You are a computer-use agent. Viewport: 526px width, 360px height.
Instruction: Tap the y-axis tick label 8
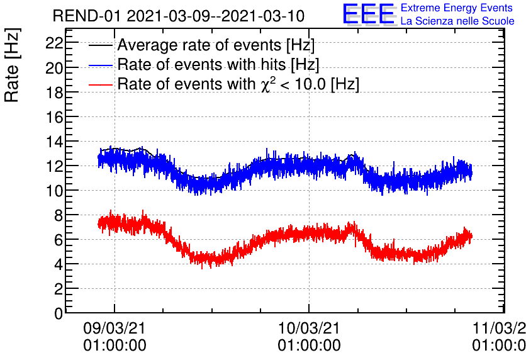pyautogui.click(x=58, y=215)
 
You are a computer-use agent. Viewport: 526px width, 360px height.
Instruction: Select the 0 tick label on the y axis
pyautogui.click(x=58, y=313)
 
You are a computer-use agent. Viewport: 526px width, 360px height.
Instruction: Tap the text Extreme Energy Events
pyautogui.click(x=457, y=9)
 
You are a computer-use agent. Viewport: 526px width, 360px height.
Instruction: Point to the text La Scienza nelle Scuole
pyautogui.click(x=457, y=21)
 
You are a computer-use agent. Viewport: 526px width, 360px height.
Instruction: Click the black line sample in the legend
pyautogui.click(x=101, y=46)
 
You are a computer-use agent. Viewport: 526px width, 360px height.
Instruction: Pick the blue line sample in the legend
pyautogui.click(x=101, y=65)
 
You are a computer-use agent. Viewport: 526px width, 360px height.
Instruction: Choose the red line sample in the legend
pyautogui.click(x=101, y=84)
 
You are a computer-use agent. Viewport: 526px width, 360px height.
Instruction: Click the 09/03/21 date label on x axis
pyautogui.click(x=115, y=329)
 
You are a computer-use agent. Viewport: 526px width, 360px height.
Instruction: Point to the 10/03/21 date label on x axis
pyautogui.click(x=309, y=329)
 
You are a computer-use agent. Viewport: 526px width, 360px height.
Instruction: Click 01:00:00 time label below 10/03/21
pyautogui.click(x=309, y=345)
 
